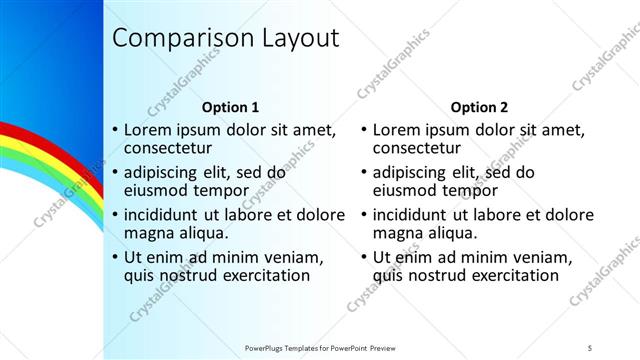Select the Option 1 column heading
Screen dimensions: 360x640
point(231,107)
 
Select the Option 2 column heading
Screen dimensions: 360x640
point(479,107)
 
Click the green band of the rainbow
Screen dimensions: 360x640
point(30,160)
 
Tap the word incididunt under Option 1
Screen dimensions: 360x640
point(167,214)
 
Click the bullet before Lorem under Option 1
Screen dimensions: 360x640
point(115,130)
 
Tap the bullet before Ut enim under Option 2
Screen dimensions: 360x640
point(364,257)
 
